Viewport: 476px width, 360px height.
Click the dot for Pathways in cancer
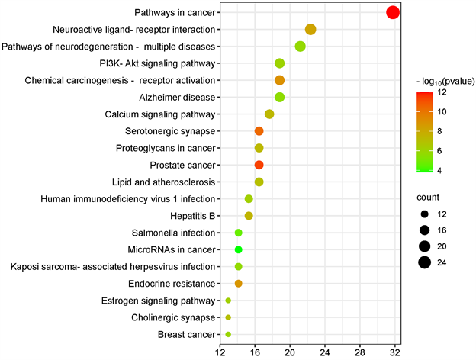coord(393,12)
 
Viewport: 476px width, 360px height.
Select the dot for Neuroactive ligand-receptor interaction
coord(310,30)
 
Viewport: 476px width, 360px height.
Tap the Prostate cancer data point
coord(259,165)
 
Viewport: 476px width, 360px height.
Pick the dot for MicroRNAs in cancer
coord(239,249)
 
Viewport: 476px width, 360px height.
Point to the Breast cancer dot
coord(228,334)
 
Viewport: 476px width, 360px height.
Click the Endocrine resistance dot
coord(239,284)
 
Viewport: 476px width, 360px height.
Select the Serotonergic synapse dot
coord(259,131)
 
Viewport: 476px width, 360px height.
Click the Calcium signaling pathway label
coord(161,114)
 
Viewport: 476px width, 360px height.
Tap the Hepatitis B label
coord(193,216)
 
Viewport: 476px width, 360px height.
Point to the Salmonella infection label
coord(171,233)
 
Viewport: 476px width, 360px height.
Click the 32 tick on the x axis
coord(394,354)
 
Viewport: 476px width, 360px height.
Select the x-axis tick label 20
coord(289,354)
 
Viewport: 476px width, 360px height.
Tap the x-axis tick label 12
coord(220,354)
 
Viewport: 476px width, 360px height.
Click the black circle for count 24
coord(424,263)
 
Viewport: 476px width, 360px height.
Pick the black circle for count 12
coord(424,213)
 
